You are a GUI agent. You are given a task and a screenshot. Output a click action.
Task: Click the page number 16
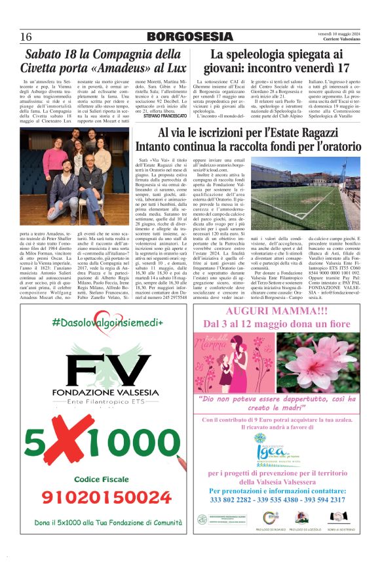[x=26, y=36]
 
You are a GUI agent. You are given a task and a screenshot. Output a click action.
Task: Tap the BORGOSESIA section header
[x=190, y=36]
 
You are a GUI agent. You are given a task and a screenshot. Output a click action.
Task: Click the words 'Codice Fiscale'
[x=106, y=479]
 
